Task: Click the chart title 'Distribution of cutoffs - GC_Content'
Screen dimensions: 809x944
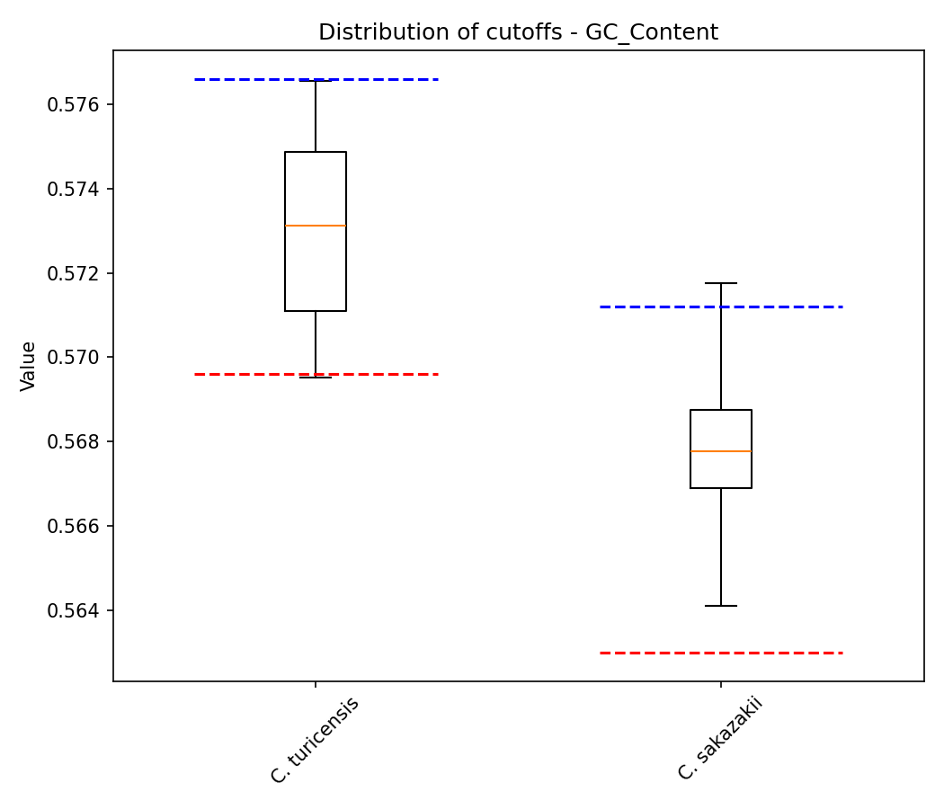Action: pos(518,32)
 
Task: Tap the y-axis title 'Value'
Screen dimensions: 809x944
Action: pos(29,366)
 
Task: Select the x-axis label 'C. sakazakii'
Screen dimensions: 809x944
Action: pos(720,739)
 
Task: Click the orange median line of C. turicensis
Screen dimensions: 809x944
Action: pos(316,226)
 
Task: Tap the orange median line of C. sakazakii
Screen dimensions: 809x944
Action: pos(721,451)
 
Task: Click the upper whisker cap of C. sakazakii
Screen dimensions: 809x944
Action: pos(721,283)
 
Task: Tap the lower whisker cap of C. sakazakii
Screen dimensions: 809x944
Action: pos(721,606)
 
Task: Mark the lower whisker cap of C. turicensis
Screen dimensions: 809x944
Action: pos(316,378)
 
